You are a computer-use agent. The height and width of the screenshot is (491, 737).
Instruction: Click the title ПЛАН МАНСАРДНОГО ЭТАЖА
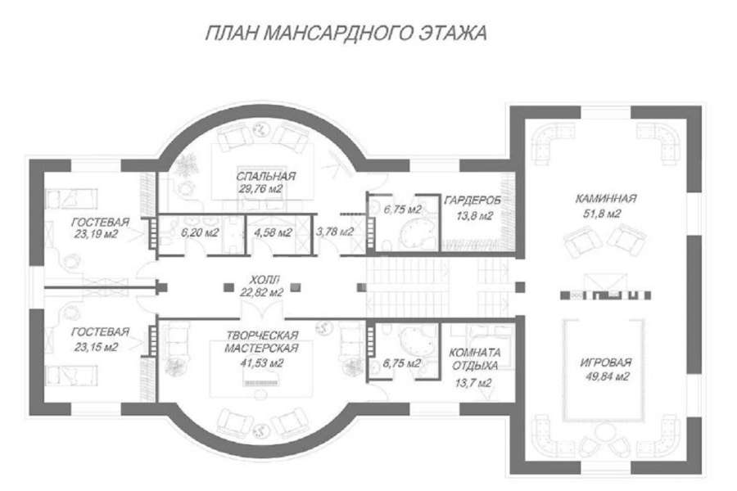(346, 33)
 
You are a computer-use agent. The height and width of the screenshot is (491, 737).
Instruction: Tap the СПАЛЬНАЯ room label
(266, 176)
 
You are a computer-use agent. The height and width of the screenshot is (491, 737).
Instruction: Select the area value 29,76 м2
(260, 189)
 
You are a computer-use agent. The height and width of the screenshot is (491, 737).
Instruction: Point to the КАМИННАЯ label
(606, 198)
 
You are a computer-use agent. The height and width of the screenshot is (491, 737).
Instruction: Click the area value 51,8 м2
(602, 214)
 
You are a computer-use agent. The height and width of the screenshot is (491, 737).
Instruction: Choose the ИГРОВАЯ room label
(606, 363)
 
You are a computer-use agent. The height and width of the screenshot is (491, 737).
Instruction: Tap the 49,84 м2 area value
(608, 376)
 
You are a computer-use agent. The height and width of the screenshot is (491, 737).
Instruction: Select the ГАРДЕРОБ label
(472, 200)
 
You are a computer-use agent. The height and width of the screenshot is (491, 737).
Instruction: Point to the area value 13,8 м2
(474, 216)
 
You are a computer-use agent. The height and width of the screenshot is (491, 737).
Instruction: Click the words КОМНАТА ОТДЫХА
(475, 359)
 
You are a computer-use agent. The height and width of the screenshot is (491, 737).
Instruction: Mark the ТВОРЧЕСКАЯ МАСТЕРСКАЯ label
(262, 341)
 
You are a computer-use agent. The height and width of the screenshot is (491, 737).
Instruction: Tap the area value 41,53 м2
(261, 363)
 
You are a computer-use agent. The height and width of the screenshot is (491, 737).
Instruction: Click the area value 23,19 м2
(96, 234)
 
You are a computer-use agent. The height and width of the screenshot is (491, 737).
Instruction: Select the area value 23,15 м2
(96, 347)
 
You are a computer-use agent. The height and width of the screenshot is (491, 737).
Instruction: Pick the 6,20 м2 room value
(201, 232)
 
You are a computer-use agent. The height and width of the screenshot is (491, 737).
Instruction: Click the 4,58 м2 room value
(273, 232)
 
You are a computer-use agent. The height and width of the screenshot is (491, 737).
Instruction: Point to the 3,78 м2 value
(335, 231)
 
